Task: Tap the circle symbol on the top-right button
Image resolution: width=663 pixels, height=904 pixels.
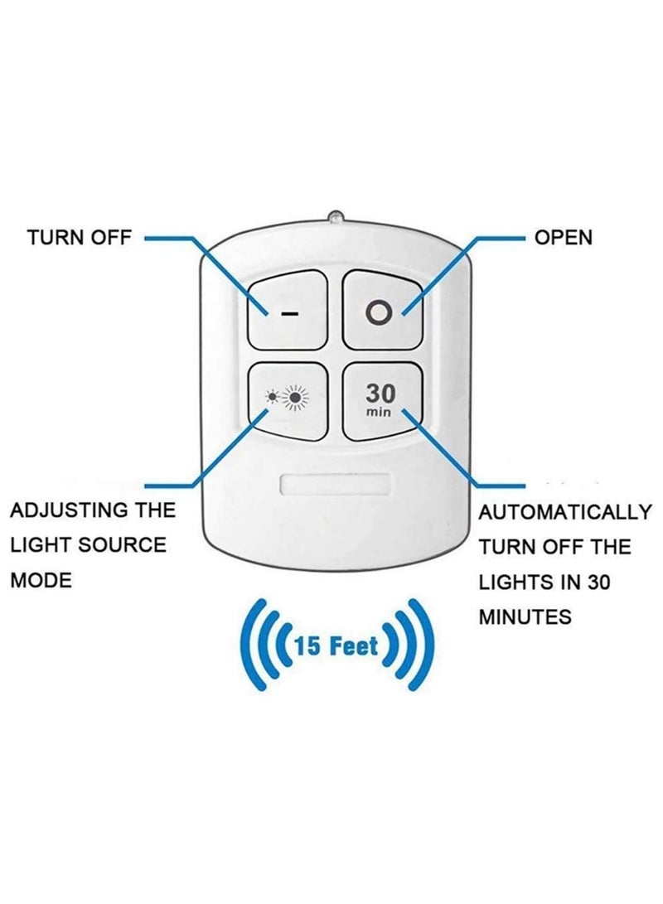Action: (x=380, y=314)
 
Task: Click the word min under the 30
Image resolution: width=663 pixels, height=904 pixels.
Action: (x=379, y=412)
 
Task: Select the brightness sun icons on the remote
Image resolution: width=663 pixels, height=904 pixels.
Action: (x=287, y=397)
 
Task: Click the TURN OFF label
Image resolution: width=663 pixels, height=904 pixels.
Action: (x=80, y=237)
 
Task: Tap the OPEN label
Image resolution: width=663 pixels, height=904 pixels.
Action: (x=564, y=237)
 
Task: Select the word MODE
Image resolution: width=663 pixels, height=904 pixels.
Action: (x=41, y=580)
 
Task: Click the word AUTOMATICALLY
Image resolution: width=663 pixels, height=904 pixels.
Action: (x=565, y=512)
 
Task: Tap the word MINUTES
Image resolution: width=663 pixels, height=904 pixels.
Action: (x=525, y=616)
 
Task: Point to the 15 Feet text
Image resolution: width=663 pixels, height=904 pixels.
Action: (x=336, y=645)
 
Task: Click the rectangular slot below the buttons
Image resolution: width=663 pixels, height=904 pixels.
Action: (x=336, y=485)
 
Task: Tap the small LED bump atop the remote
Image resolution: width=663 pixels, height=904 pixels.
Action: (x=336, y=217)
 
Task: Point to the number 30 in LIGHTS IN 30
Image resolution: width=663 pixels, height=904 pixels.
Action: (x=598, y=583)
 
